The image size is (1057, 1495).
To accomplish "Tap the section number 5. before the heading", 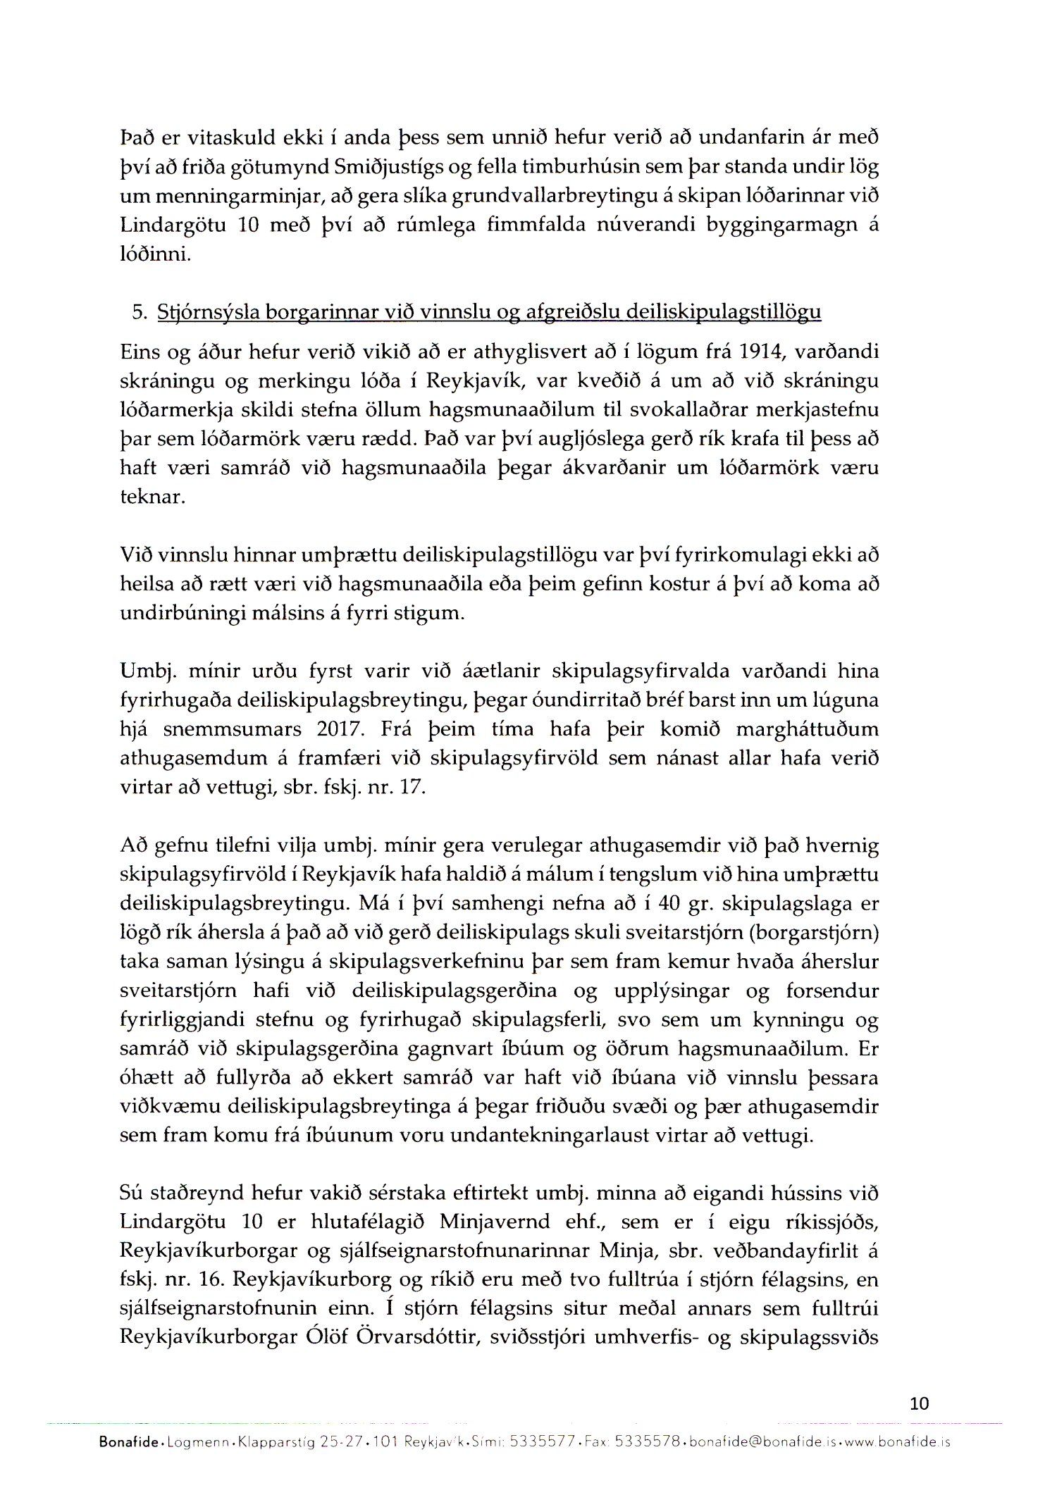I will coord(140,312).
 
